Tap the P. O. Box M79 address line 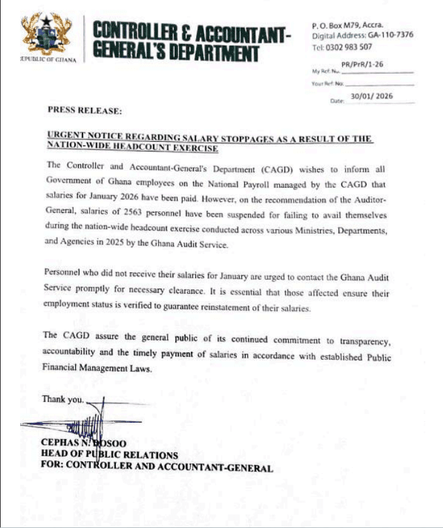[x=348, y=25]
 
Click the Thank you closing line [x=62, y=399]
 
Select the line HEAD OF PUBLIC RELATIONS [x=109, y=455]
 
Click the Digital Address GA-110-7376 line [x=362, y=35]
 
